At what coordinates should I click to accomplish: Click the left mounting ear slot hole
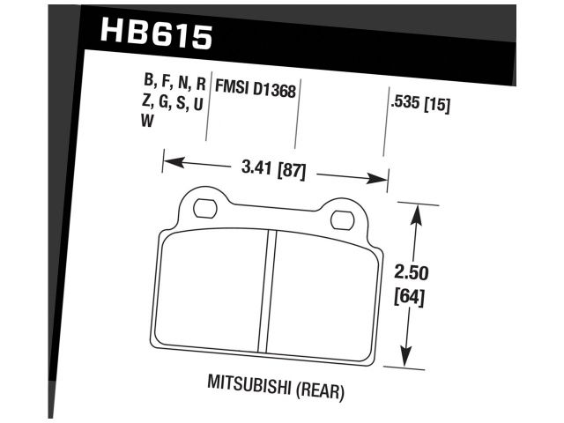(204, 209)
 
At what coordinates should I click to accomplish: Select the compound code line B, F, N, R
(174, 85)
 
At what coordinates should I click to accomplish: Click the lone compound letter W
(147, 123)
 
